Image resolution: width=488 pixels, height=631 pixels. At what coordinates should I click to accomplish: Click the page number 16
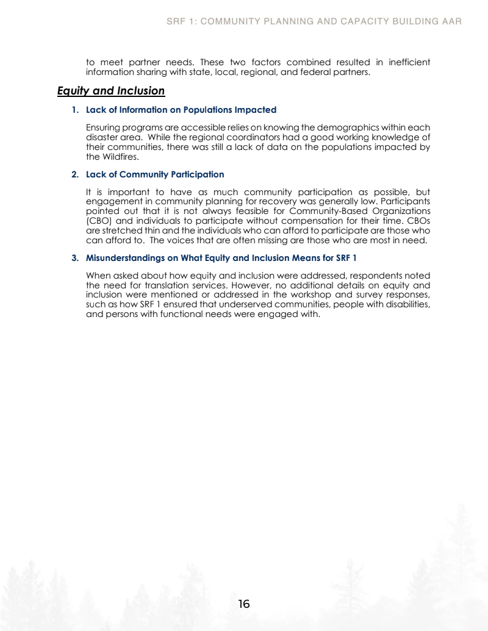pyautogui.click(x=244, y=604)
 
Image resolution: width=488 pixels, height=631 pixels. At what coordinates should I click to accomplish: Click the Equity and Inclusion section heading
pyautogui.click(x=111, y=91)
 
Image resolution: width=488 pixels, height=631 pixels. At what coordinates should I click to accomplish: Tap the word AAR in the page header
pyautogui.click(x=451, y=21)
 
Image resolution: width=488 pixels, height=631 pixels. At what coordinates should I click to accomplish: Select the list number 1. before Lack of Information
pyautogui.click(x=75, y=110)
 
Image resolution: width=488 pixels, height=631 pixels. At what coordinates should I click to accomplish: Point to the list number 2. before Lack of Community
pyautogui.click(x=75, y=174)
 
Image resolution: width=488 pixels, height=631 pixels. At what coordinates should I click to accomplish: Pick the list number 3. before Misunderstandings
pyautogui.click(x=75, y=258)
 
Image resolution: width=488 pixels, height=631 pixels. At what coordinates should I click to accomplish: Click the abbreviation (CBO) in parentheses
pyautogui.click(x=99, y=221)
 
